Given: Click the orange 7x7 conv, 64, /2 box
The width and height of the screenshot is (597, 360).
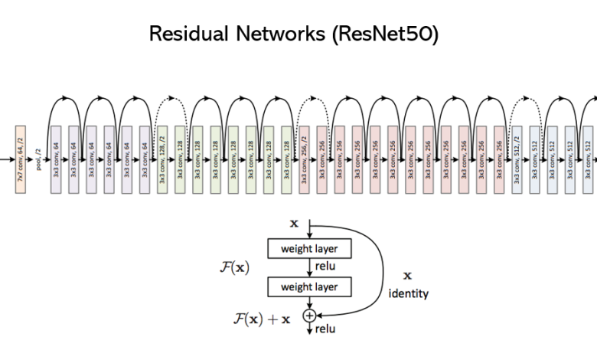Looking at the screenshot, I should click(x=21, y=159).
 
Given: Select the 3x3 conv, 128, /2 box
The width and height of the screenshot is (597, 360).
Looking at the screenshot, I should click(x=162, y=159).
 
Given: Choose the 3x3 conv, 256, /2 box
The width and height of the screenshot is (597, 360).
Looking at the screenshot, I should click(x=303, y=159).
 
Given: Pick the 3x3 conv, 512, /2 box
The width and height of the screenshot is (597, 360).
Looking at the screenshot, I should click(x=516, y=159).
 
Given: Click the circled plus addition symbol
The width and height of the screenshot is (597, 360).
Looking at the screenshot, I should click(x=309, y=315).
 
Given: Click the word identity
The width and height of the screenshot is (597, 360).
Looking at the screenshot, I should click(x=409, y=293).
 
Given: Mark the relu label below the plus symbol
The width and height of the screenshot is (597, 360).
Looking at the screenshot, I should click(x=325, y=330).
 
